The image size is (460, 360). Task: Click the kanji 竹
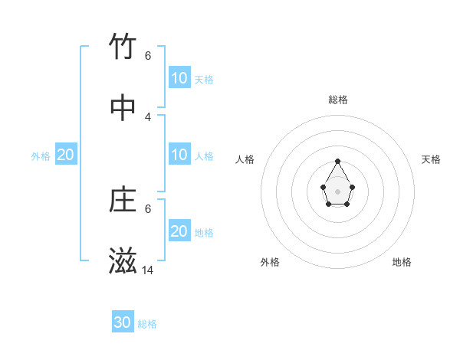pyautogui.click(x=123, y=47)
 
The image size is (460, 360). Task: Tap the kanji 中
pyautogui.click(x=123, y=108)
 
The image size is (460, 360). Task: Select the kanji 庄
pyautogui.click(x=123, y=200)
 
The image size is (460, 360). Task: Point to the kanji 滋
pyautogui.click(x=123, y=261)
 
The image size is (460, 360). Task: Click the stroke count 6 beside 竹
pyautogui.click(x=148, y=56)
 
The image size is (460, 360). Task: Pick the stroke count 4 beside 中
pyautogui.click(x=148, y=117)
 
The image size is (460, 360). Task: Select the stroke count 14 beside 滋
pyautogui.click(x=148, y=270)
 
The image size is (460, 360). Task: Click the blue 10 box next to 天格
pyautogui.click(x=179, y=78)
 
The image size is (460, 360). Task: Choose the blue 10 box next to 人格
pyautogui.click(x=179, y=155)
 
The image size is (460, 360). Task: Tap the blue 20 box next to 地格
pyautogui.click(x=179, y=231)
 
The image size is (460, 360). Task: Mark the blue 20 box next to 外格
pyautogui.click(x=66, y=155)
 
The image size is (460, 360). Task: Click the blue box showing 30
pyautogui.click(x=123, y=322)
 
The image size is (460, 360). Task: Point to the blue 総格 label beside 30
pyautogui.click(x=148, y=324)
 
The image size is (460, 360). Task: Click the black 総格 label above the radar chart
pyautogui.click(x=338, y=100)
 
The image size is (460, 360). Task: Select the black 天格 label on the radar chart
pyautogui.click(x=431, y=159)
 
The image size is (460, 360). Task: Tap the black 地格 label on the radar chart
pyautogui.click(x=402, y=262)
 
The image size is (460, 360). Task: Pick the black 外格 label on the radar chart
pyautogui.click(x=270, y=262)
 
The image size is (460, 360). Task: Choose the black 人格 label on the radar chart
pyautogui.click(x=245, y=159)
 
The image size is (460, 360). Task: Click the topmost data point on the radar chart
pyautogui.click(x=338, y=161)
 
